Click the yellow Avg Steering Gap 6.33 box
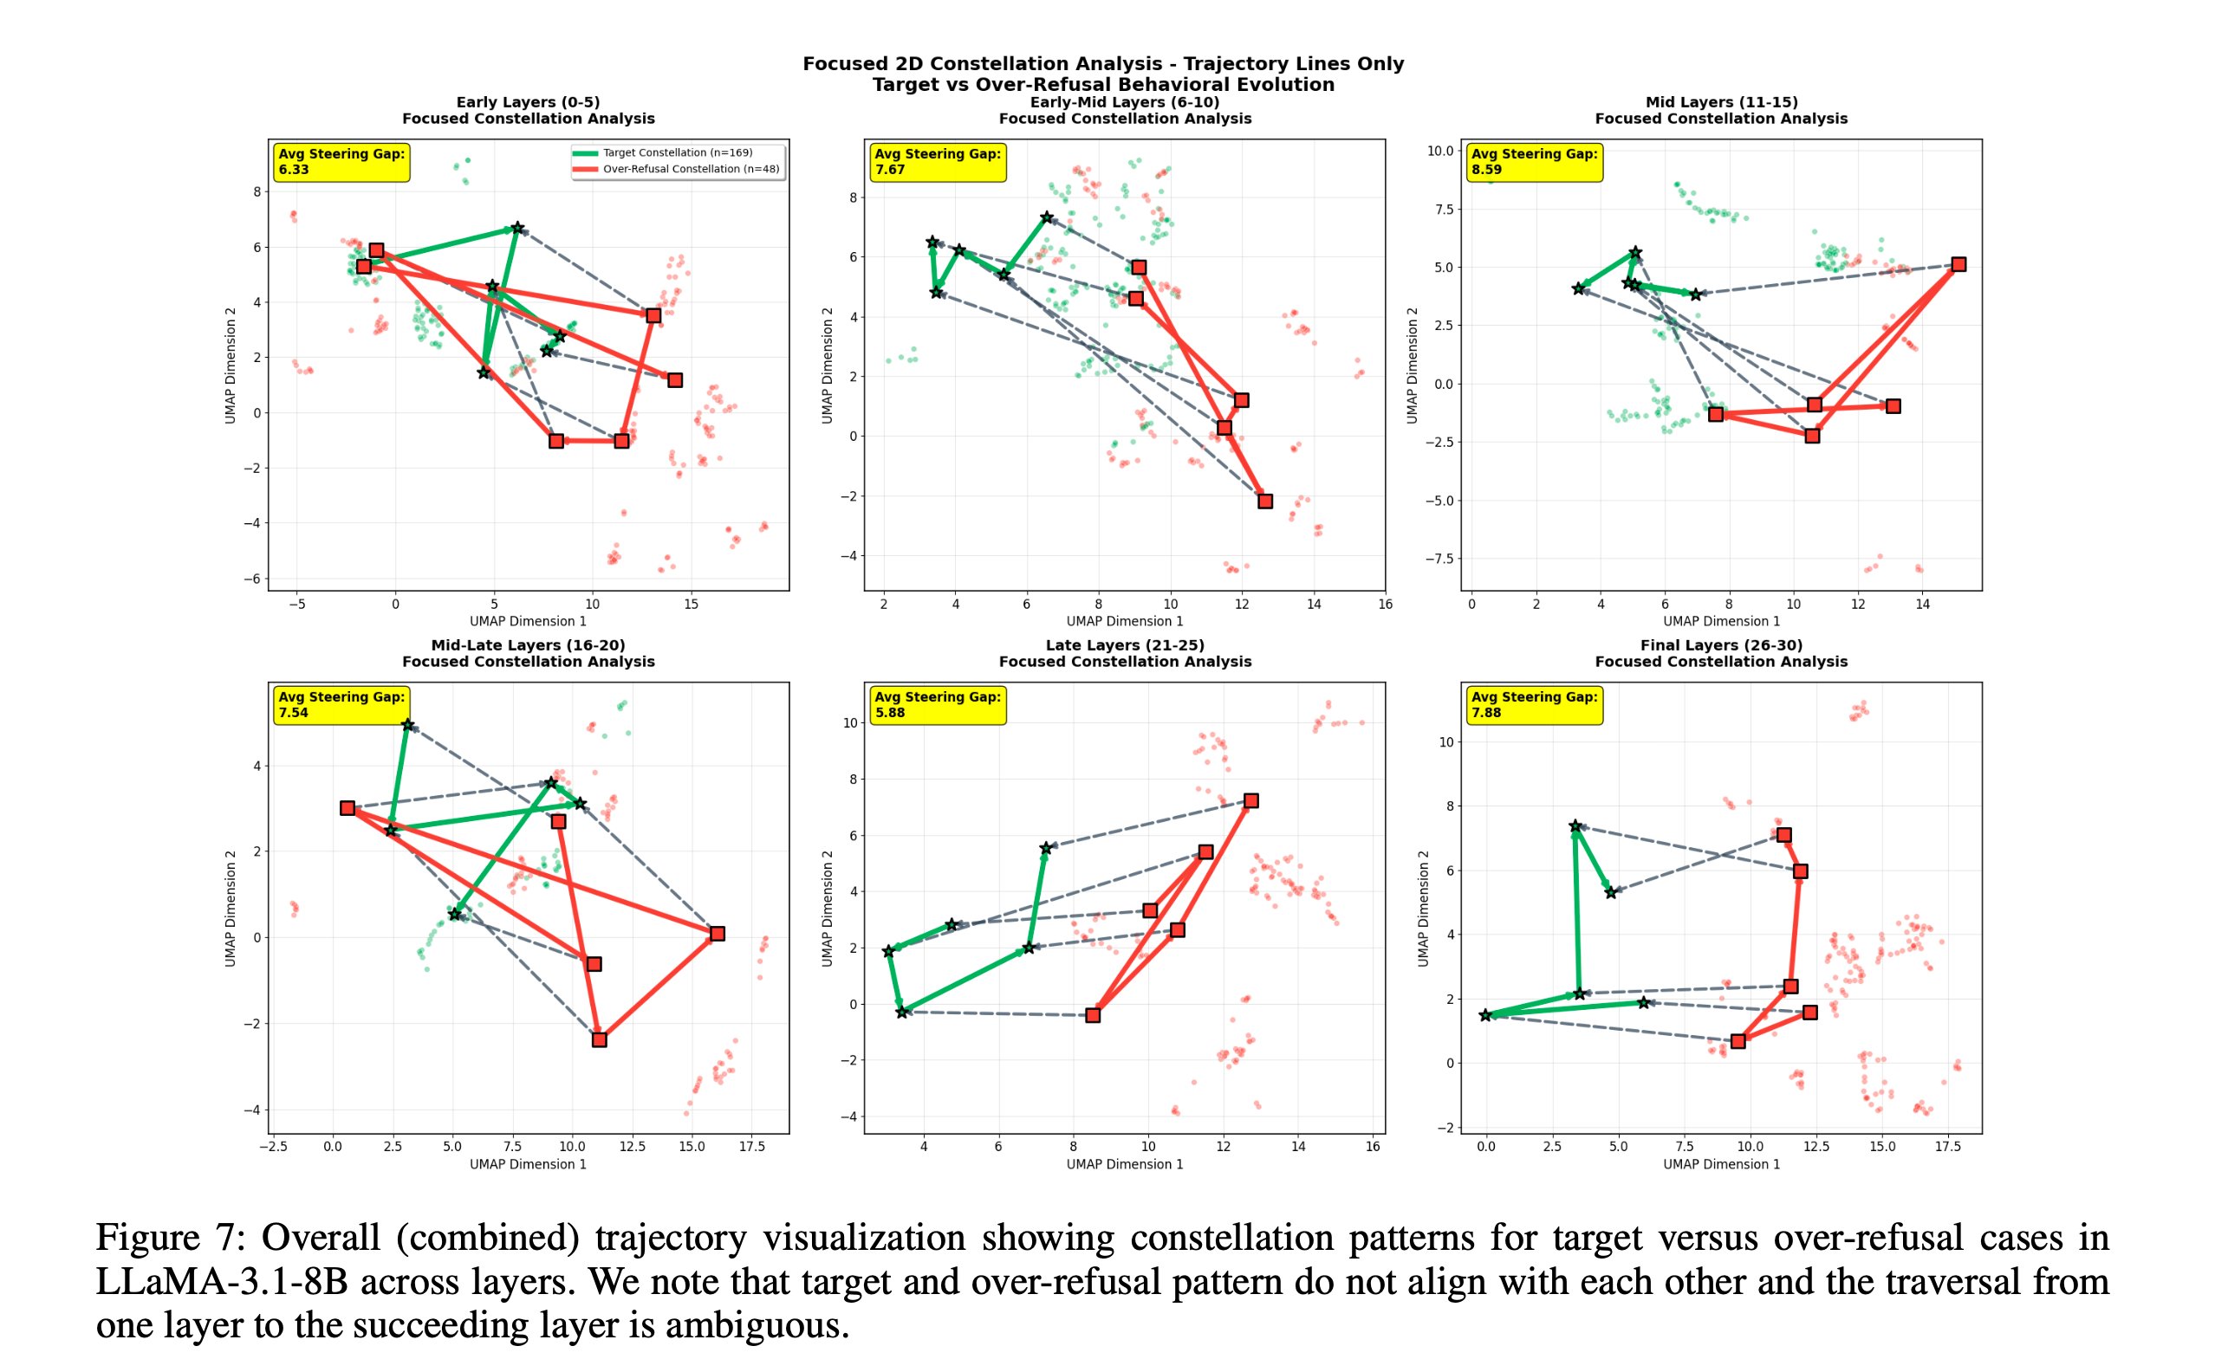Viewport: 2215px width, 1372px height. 341,161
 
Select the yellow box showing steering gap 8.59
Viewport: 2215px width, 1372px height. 1533,161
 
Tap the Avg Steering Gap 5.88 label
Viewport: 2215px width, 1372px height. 937,704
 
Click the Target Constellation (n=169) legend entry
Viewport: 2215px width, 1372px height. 677,152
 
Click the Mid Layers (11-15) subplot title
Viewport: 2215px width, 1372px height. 1720,102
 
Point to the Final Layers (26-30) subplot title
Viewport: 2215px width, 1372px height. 1720,645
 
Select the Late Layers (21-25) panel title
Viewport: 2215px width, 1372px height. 1124,645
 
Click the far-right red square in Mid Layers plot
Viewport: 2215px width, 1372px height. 1958,264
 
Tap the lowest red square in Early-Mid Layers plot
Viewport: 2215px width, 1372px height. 1264,501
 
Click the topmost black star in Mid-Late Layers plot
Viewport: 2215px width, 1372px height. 407,725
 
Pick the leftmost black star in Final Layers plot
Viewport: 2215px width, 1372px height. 1485,1015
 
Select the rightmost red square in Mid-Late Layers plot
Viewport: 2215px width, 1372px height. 718,934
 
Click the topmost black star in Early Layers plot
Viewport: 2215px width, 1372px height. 516,228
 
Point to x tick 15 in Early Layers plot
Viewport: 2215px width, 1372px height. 691,605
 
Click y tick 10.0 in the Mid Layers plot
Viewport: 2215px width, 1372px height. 1439,151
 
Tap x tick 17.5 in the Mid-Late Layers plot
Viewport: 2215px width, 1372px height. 751,1147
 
